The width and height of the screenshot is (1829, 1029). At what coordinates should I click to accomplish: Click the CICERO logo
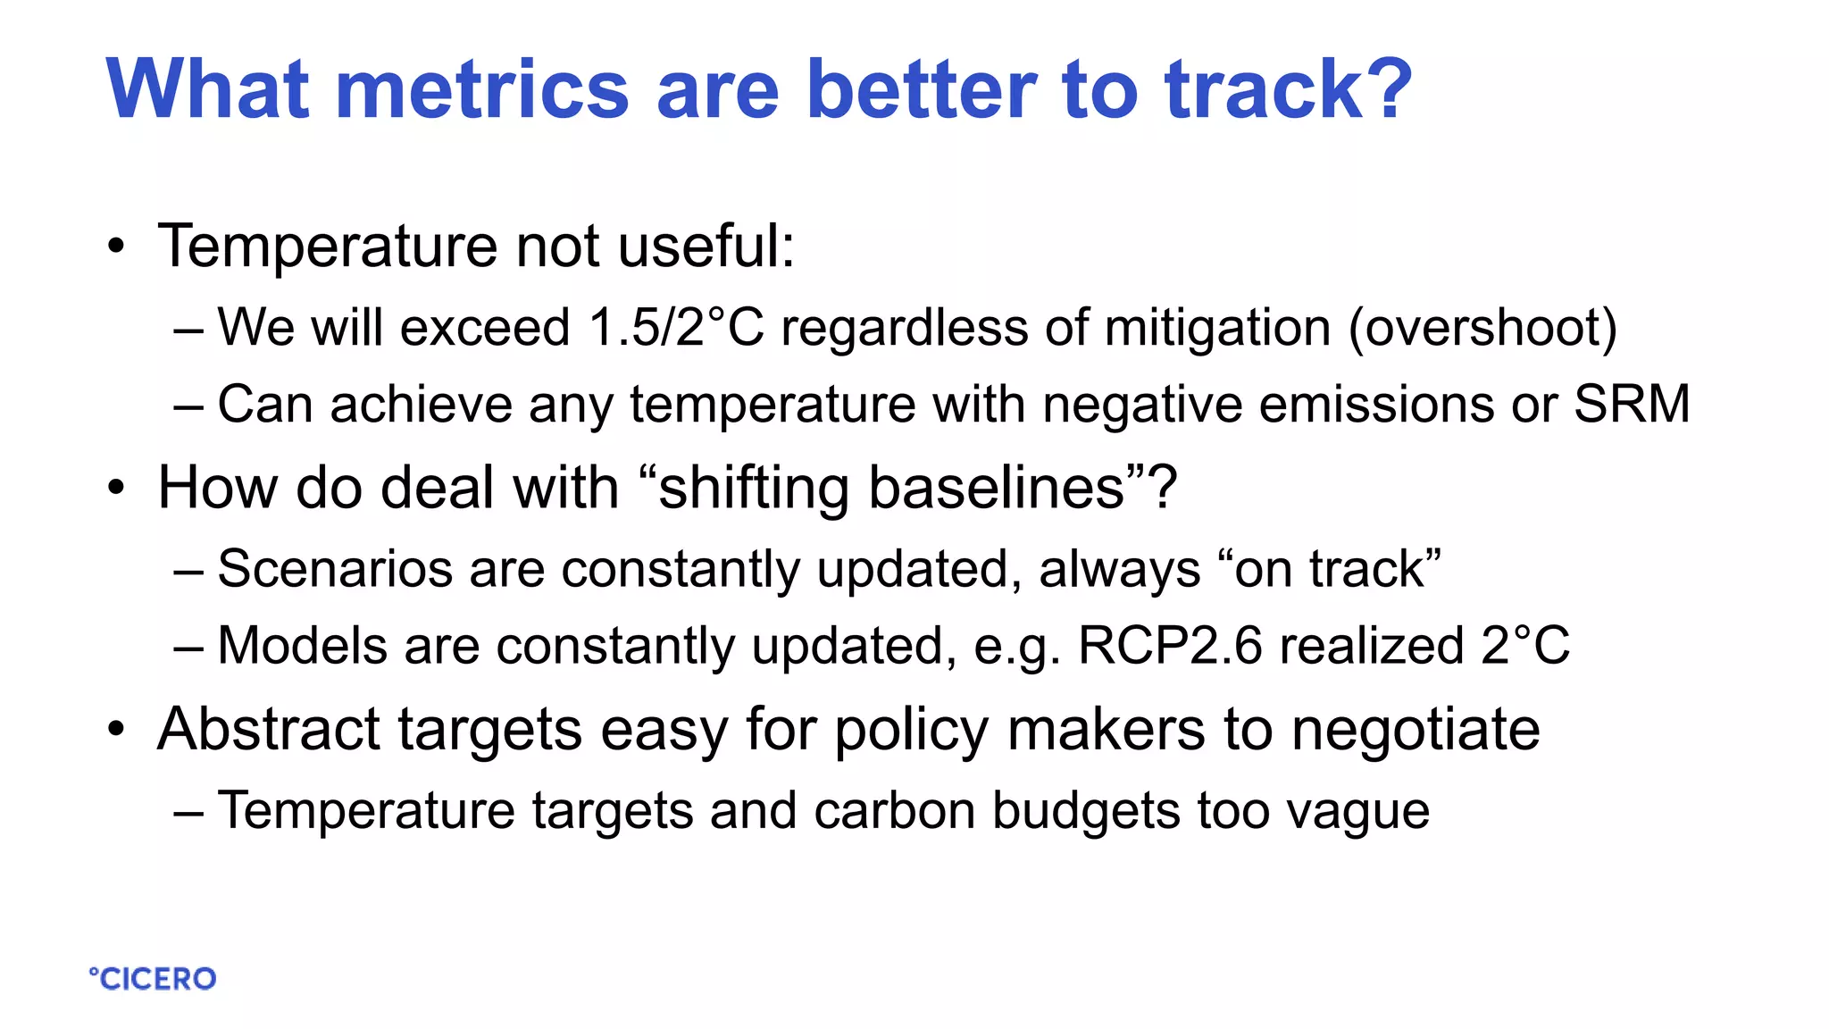pos(153,979)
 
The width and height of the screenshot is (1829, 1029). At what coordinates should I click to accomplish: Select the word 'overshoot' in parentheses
pos(1482,328)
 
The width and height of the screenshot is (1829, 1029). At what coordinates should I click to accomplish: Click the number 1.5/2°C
pos(676,327)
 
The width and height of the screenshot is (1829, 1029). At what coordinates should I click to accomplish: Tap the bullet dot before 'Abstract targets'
pos(116,730)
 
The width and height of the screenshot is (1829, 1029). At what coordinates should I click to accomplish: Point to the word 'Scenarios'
pos(335,569)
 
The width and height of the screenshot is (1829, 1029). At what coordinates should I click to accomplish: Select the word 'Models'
pos(302,645)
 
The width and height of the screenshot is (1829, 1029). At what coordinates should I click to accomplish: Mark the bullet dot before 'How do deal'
pos(116,489)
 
